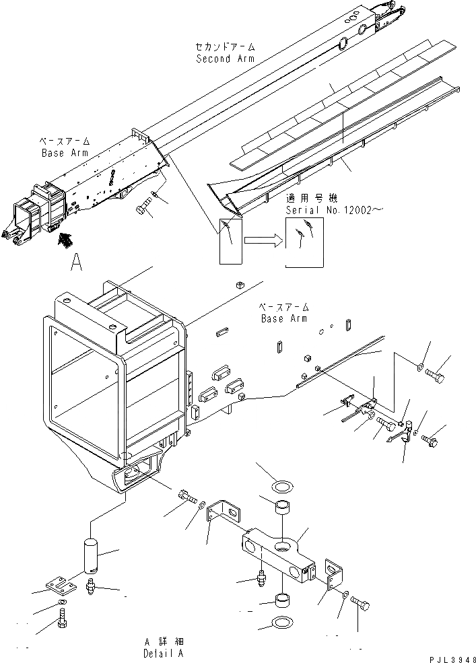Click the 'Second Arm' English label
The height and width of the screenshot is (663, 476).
(x=226, y=59)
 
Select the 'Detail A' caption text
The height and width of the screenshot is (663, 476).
(x=162, y=653)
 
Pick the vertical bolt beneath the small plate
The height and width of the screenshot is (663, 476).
(x=61, y=618)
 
